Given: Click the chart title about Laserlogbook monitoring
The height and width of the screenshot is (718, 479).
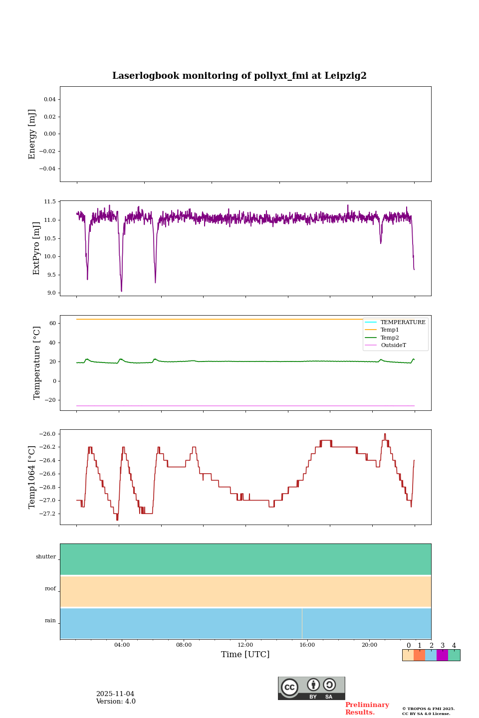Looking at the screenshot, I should coord(239,76).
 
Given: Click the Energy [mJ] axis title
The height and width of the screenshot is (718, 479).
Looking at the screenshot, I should coord(32,134).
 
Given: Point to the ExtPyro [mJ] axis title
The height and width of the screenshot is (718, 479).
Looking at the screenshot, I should coord(36,248).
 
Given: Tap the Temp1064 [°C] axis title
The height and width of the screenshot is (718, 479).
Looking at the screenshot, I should coord(32,477).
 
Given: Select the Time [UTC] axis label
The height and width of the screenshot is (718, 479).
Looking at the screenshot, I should coord(245,654).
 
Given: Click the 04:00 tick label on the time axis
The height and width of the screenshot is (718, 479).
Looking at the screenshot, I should coord(122,645).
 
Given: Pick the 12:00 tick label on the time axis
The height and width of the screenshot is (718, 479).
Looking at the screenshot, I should coord(245,645).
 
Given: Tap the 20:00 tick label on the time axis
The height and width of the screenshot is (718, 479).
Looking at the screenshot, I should coord(369,645).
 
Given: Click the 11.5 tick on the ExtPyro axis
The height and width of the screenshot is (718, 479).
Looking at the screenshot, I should coord(50,202).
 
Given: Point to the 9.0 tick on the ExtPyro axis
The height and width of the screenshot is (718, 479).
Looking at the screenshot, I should coord(51,293).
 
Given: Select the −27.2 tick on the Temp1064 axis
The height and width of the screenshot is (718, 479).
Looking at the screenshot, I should coord(48,514).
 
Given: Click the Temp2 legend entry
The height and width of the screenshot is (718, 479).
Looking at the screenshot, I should coord(390,338).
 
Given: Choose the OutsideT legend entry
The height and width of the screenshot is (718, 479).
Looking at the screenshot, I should coord(393,345).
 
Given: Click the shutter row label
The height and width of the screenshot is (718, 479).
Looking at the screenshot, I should coord(46,557).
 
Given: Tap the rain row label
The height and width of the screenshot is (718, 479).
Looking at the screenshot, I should coord(50,621).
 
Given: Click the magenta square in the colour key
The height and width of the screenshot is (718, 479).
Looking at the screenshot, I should coord(442,655).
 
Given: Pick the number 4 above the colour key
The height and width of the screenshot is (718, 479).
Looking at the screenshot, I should coord(454,646).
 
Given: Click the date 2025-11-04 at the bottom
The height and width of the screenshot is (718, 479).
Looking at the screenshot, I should coord(115,694).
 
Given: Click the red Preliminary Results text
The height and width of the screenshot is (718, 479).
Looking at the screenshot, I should coord(367,709).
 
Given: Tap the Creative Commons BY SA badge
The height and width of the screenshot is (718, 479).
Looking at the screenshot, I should coord(311,688).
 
